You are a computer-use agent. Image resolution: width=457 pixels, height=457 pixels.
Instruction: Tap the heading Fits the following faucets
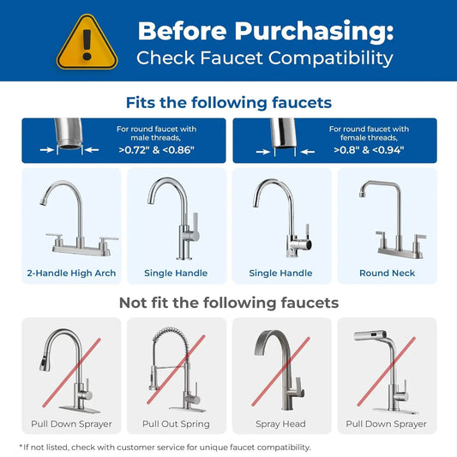click(x=228, y=103)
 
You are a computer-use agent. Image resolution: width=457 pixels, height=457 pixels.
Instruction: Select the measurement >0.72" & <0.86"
click(x=156, y=150)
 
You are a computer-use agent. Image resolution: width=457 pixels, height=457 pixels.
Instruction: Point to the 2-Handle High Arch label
click(x=71, y=274)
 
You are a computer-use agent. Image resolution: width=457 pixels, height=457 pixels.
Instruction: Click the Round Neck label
click(x=386, y=274)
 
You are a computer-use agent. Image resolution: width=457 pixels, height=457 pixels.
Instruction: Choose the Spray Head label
click(x=280, y=424)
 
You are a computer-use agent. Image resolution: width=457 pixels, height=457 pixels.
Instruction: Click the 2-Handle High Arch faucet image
click(x=71, y=219)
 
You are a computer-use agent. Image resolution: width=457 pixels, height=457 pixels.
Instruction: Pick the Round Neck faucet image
click(x=386, y=219)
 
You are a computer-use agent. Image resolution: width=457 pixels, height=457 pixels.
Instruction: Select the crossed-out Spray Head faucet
click(x=280, y=369)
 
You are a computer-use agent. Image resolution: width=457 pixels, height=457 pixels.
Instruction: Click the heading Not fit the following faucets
click(x=228, y=303)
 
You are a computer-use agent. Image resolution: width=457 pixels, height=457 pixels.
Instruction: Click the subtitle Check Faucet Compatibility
click(x=265, y=58)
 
